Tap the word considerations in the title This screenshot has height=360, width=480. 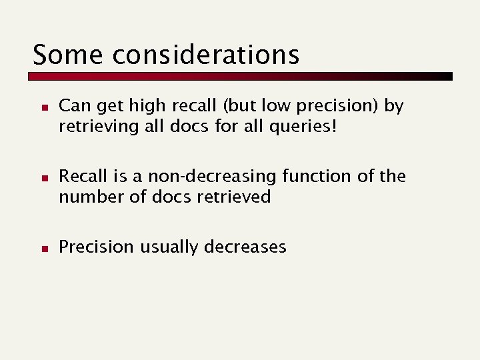coord(206,54)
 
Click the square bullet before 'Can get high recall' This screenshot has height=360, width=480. coord(41,107)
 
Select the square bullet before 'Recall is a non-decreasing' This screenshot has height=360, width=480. coord(41,177)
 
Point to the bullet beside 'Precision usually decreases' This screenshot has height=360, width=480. coord(41,248)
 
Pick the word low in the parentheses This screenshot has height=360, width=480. coord(285,106)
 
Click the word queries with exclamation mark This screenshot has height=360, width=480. coord(307,126)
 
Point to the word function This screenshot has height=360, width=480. coord(298,177)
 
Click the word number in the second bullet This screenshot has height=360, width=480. coord(86,197)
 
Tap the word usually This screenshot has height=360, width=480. coord(169,247)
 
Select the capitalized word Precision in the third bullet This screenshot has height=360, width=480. coord(96,247)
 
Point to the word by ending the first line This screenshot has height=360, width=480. coord(394,106)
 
